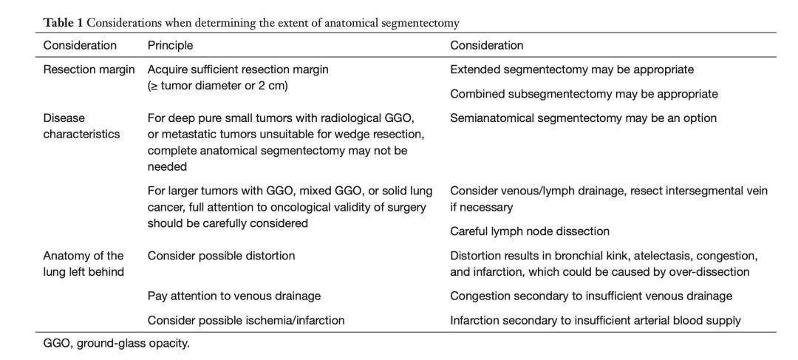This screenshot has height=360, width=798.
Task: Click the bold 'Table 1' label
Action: point(63,23)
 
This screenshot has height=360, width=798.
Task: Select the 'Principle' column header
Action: point(170,45)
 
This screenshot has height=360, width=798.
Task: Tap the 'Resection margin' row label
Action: point(89,69)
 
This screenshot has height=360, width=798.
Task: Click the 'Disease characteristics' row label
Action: point(81,126)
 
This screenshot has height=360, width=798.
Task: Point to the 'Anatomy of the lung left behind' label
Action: point(83,264)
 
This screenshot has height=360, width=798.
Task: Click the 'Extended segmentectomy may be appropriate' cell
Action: point(571,69)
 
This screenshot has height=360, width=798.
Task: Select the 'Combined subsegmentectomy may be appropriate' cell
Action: point(584,94)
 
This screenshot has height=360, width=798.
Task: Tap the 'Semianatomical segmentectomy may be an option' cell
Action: point(583,118)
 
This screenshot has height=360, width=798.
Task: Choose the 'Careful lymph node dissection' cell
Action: point(530,231)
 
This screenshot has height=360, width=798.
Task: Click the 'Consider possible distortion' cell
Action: point(222,256)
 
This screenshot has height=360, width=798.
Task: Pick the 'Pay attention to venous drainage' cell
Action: point(234,296)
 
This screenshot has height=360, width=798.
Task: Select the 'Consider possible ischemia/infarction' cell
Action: point(246,320)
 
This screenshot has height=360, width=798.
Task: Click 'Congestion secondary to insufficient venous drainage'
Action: point(591,296)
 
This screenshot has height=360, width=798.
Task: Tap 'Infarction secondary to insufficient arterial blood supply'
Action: point(596,320)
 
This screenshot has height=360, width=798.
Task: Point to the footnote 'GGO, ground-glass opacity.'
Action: point(117,343)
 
